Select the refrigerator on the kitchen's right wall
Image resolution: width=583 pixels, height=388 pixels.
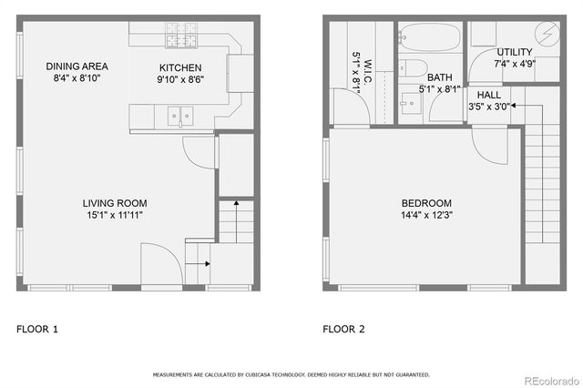point(240,73)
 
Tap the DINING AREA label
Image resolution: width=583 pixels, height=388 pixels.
point(77,66)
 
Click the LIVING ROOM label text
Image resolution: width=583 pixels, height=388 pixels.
point(115,203)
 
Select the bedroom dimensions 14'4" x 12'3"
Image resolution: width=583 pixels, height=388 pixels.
point(426,215)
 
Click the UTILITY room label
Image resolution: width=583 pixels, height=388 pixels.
point(515,52)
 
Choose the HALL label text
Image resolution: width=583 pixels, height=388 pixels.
point(488,94)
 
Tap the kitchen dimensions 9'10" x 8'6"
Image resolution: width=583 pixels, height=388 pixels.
point(180,80)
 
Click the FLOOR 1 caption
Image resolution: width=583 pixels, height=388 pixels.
point(37,329)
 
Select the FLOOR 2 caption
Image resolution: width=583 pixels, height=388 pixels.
point(343,329)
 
